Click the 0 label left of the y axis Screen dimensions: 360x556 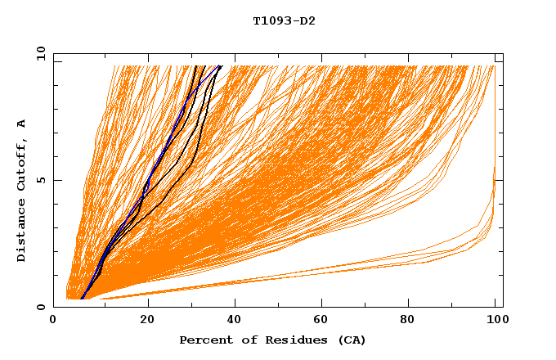coord(42,307)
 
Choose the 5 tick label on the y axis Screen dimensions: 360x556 coord(42,180)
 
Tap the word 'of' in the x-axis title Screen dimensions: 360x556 coord(244,340)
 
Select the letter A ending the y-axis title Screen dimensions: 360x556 coord(21,124)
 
